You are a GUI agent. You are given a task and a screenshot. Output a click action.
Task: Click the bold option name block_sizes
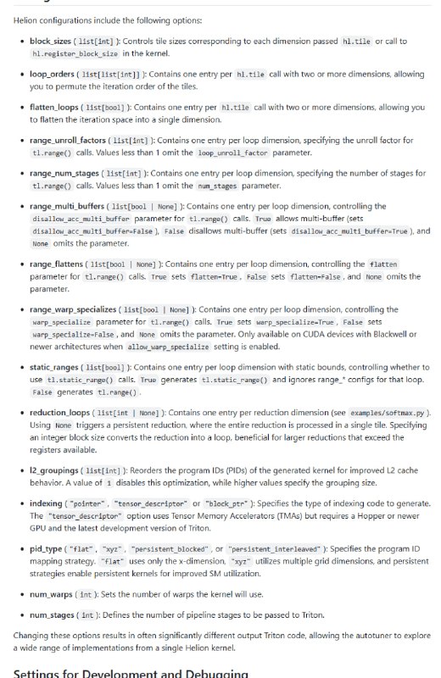coord(52,41)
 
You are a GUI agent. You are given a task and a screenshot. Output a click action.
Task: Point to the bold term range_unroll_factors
coord(70,140)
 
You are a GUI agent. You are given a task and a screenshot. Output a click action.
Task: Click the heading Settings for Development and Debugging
coord(131,673)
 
